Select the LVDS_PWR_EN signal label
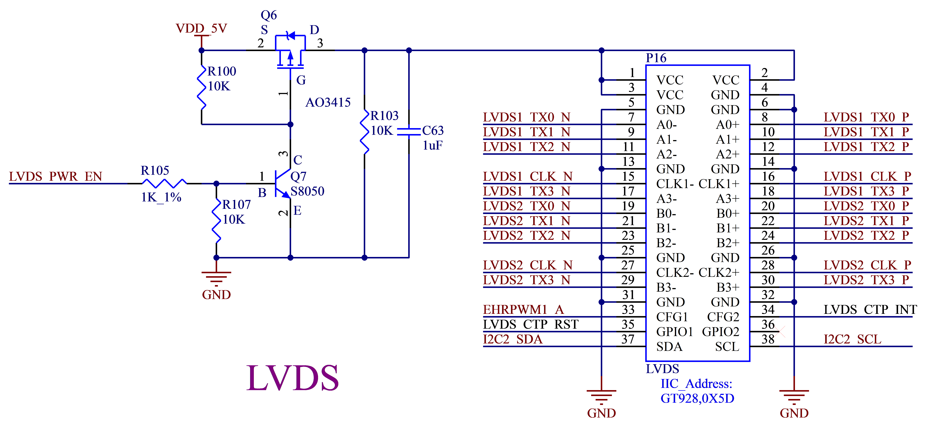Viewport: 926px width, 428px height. [56, 177]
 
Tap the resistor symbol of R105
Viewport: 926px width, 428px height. [164, 184]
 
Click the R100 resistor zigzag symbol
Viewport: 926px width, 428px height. [202, 87]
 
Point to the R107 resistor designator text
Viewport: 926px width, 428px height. [236, 205]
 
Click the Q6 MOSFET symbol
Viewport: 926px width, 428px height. [290, 52]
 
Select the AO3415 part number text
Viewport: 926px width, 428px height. [328, 103]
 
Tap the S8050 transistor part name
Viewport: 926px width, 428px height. [307, 191]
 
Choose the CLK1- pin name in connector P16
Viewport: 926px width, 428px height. [674, 184]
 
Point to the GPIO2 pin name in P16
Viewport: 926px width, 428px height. [720, 332]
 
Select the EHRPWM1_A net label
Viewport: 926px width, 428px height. [523, 310]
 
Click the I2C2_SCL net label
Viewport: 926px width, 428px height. [852, 339]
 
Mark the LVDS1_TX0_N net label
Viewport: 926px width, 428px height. [527, 117]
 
